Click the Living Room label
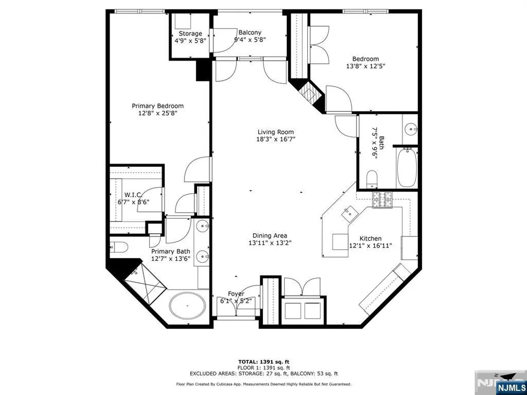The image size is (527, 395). [276, 132]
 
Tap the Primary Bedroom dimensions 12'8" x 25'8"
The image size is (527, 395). [158, 114]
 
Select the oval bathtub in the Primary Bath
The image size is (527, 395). [187, 307]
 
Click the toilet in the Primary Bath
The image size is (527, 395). [119, 248]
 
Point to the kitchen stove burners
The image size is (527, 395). [383, 200]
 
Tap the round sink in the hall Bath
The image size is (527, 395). [411, 129]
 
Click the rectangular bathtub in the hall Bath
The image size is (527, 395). [407, 167]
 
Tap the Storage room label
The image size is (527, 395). [190, 34]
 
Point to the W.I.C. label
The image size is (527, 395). [133, 195]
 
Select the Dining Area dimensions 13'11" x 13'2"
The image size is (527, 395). [269, 243]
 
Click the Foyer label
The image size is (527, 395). [236, 294]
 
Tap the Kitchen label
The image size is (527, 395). [370, 239]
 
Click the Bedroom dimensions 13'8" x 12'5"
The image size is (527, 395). [365, 66]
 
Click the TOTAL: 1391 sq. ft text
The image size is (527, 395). [263, 362]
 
